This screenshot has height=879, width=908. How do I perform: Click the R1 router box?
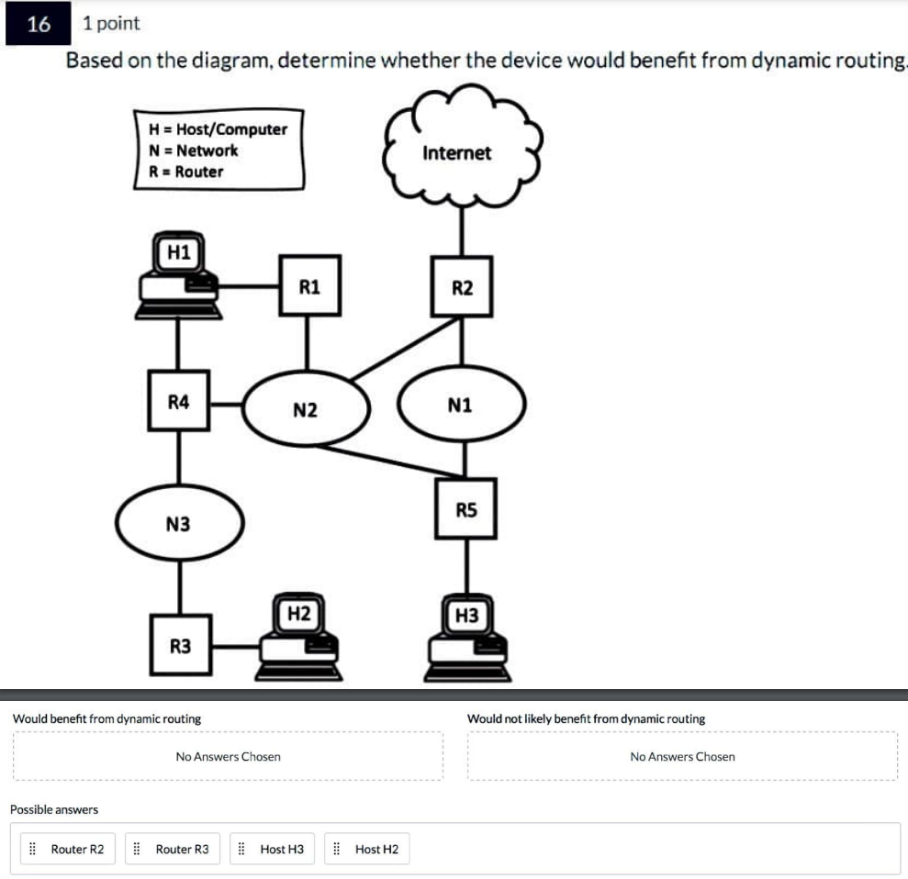point(310,286)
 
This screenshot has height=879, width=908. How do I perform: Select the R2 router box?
point(462,287)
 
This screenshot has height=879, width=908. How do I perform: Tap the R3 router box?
point(181,645)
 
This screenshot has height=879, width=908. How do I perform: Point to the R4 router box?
point(179,401)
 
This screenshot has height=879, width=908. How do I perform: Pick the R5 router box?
point(466,508)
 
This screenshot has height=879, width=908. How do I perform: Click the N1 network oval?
point(461,404)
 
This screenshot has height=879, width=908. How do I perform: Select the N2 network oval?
point(306,409)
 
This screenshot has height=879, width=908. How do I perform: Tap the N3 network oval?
point(179,523)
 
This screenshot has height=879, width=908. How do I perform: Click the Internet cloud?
point(457,151)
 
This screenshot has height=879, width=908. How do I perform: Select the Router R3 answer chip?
point(174,850)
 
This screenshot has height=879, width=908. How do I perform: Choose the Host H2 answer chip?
point(368,850)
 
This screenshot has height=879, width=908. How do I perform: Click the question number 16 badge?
point(39,24)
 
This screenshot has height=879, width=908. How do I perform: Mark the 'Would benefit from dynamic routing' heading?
point(106,718)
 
